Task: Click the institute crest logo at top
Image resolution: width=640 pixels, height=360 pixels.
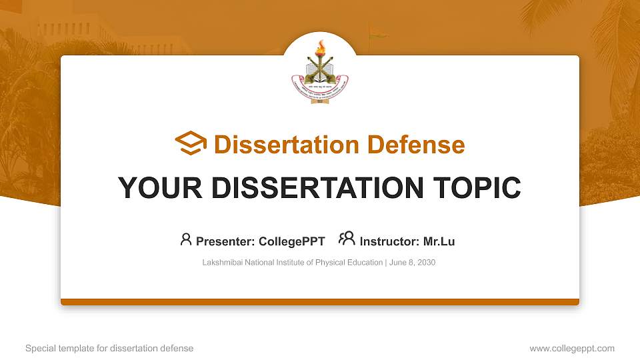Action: [x=320, y=73]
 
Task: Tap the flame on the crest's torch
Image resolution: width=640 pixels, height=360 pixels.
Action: [x=320, y=47]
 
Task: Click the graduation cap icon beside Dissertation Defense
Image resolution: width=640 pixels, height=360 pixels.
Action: [x=191, y=144]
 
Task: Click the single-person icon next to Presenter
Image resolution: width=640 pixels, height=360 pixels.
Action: [x=186, y=239]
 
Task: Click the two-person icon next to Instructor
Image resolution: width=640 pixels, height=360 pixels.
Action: [x=347, y=239]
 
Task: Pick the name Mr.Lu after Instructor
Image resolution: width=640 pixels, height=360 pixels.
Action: [x=439, y=241]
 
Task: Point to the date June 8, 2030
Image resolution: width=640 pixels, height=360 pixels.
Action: [x=412, y=263]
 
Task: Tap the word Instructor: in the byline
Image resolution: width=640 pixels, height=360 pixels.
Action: [x=389, y=241]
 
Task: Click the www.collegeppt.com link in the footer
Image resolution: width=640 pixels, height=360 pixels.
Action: [x=572, y=348]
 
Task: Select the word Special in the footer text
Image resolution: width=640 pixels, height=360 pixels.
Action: [x=38, y=348]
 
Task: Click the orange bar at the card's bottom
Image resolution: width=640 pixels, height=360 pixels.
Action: [x=320, y=302]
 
